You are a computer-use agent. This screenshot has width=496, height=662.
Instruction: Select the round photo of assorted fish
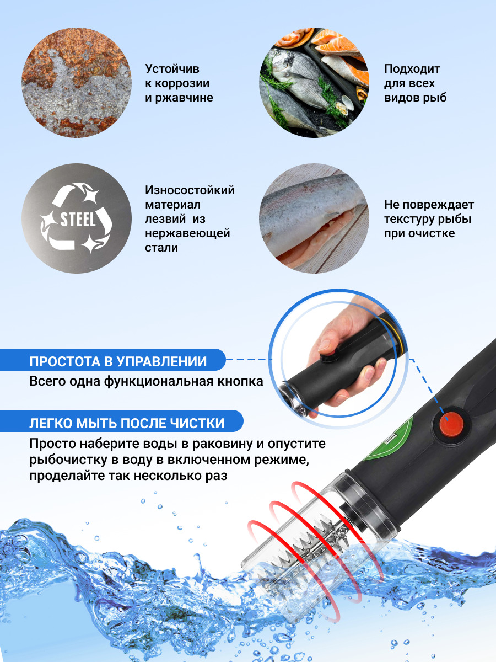point(314,83)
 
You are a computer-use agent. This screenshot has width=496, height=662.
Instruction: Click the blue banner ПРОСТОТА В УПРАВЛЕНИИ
point(118,362)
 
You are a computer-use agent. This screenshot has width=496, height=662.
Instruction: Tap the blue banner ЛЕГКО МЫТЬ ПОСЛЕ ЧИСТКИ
point(126,423)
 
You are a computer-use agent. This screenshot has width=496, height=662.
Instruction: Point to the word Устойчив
point(172,69)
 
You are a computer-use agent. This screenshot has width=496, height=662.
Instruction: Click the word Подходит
point(412,69)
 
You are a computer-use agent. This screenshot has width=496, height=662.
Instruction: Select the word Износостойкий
point(190,190)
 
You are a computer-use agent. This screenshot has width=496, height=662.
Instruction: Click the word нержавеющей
point(187,233)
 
